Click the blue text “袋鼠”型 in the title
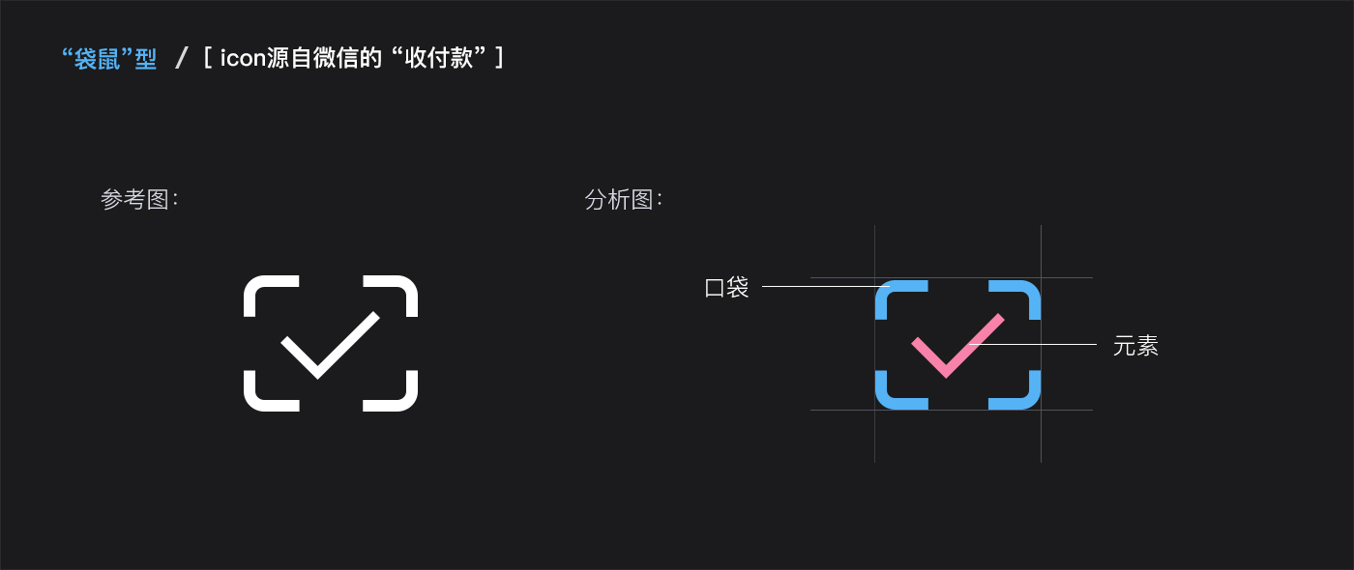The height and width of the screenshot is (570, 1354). click(x=108, y=59)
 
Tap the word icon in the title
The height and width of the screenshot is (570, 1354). click(x=243, y=59)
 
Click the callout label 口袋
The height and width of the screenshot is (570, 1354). click(x=726, y=288)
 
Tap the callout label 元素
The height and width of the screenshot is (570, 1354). click(x=1135, y=346)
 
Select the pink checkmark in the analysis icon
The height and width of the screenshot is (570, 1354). click(x=954, y=346)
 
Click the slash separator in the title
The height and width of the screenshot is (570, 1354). click(x=181, y=59)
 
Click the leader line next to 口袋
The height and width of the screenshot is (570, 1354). click(x=822, y=286)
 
